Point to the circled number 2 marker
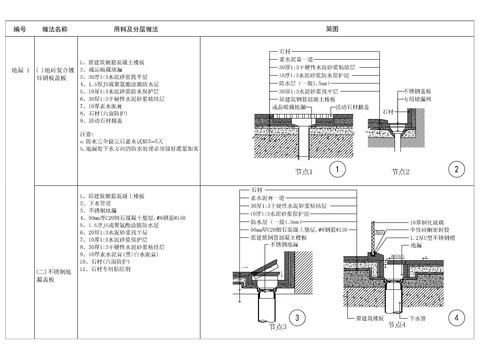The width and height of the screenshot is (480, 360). (455, 168)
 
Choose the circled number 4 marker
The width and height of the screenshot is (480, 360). (455, 319)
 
